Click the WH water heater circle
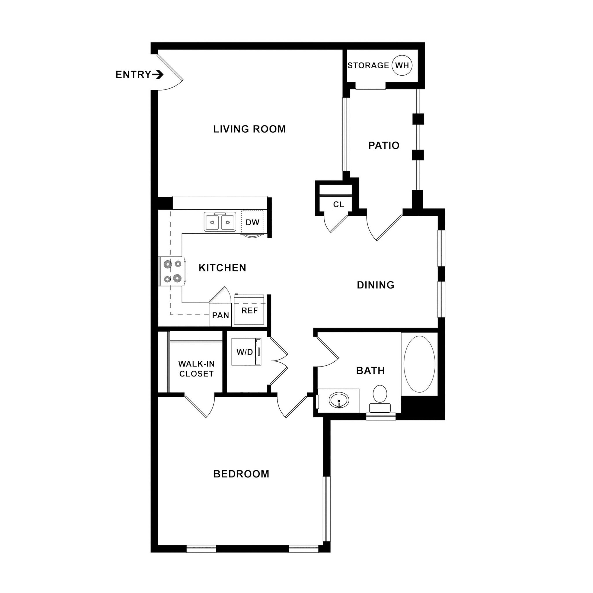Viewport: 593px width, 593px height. pyautogui.click(x=402, y=65)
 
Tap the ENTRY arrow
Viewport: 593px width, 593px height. pyautogui.click(x=158, y=75)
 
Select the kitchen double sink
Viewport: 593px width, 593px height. pyautogui.click(x=220, y=222)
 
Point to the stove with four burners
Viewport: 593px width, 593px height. pyautogui.click(x=172, y=271)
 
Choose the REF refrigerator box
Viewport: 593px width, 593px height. pyautogui.click(x=249, y=311)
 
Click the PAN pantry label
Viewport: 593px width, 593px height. pyautogui.click(x=220, y=315)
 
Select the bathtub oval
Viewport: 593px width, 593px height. pyautogui.click(x=419, y=364)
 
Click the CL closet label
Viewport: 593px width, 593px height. pyautogui.click(x=338, y=204)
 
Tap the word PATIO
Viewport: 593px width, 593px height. pyautogui.click(x=384, y=145)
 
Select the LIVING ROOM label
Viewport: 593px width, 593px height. pyautogui.click(x=249, y=129)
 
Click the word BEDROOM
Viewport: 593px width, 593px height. pyautogui.click(x=241, y=474)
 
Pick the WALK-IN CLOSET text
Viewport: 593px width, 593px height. pyautogui.click(x=196, y=369)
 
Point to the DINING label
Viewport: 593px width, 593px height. pyautogui.click(x=375, y=285)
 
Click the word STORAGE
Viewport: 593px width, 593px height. pyautogui.click(x=368, y=65)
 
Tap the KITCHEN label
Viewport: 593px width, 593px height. pyautogui.click(x=222, y=268)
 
